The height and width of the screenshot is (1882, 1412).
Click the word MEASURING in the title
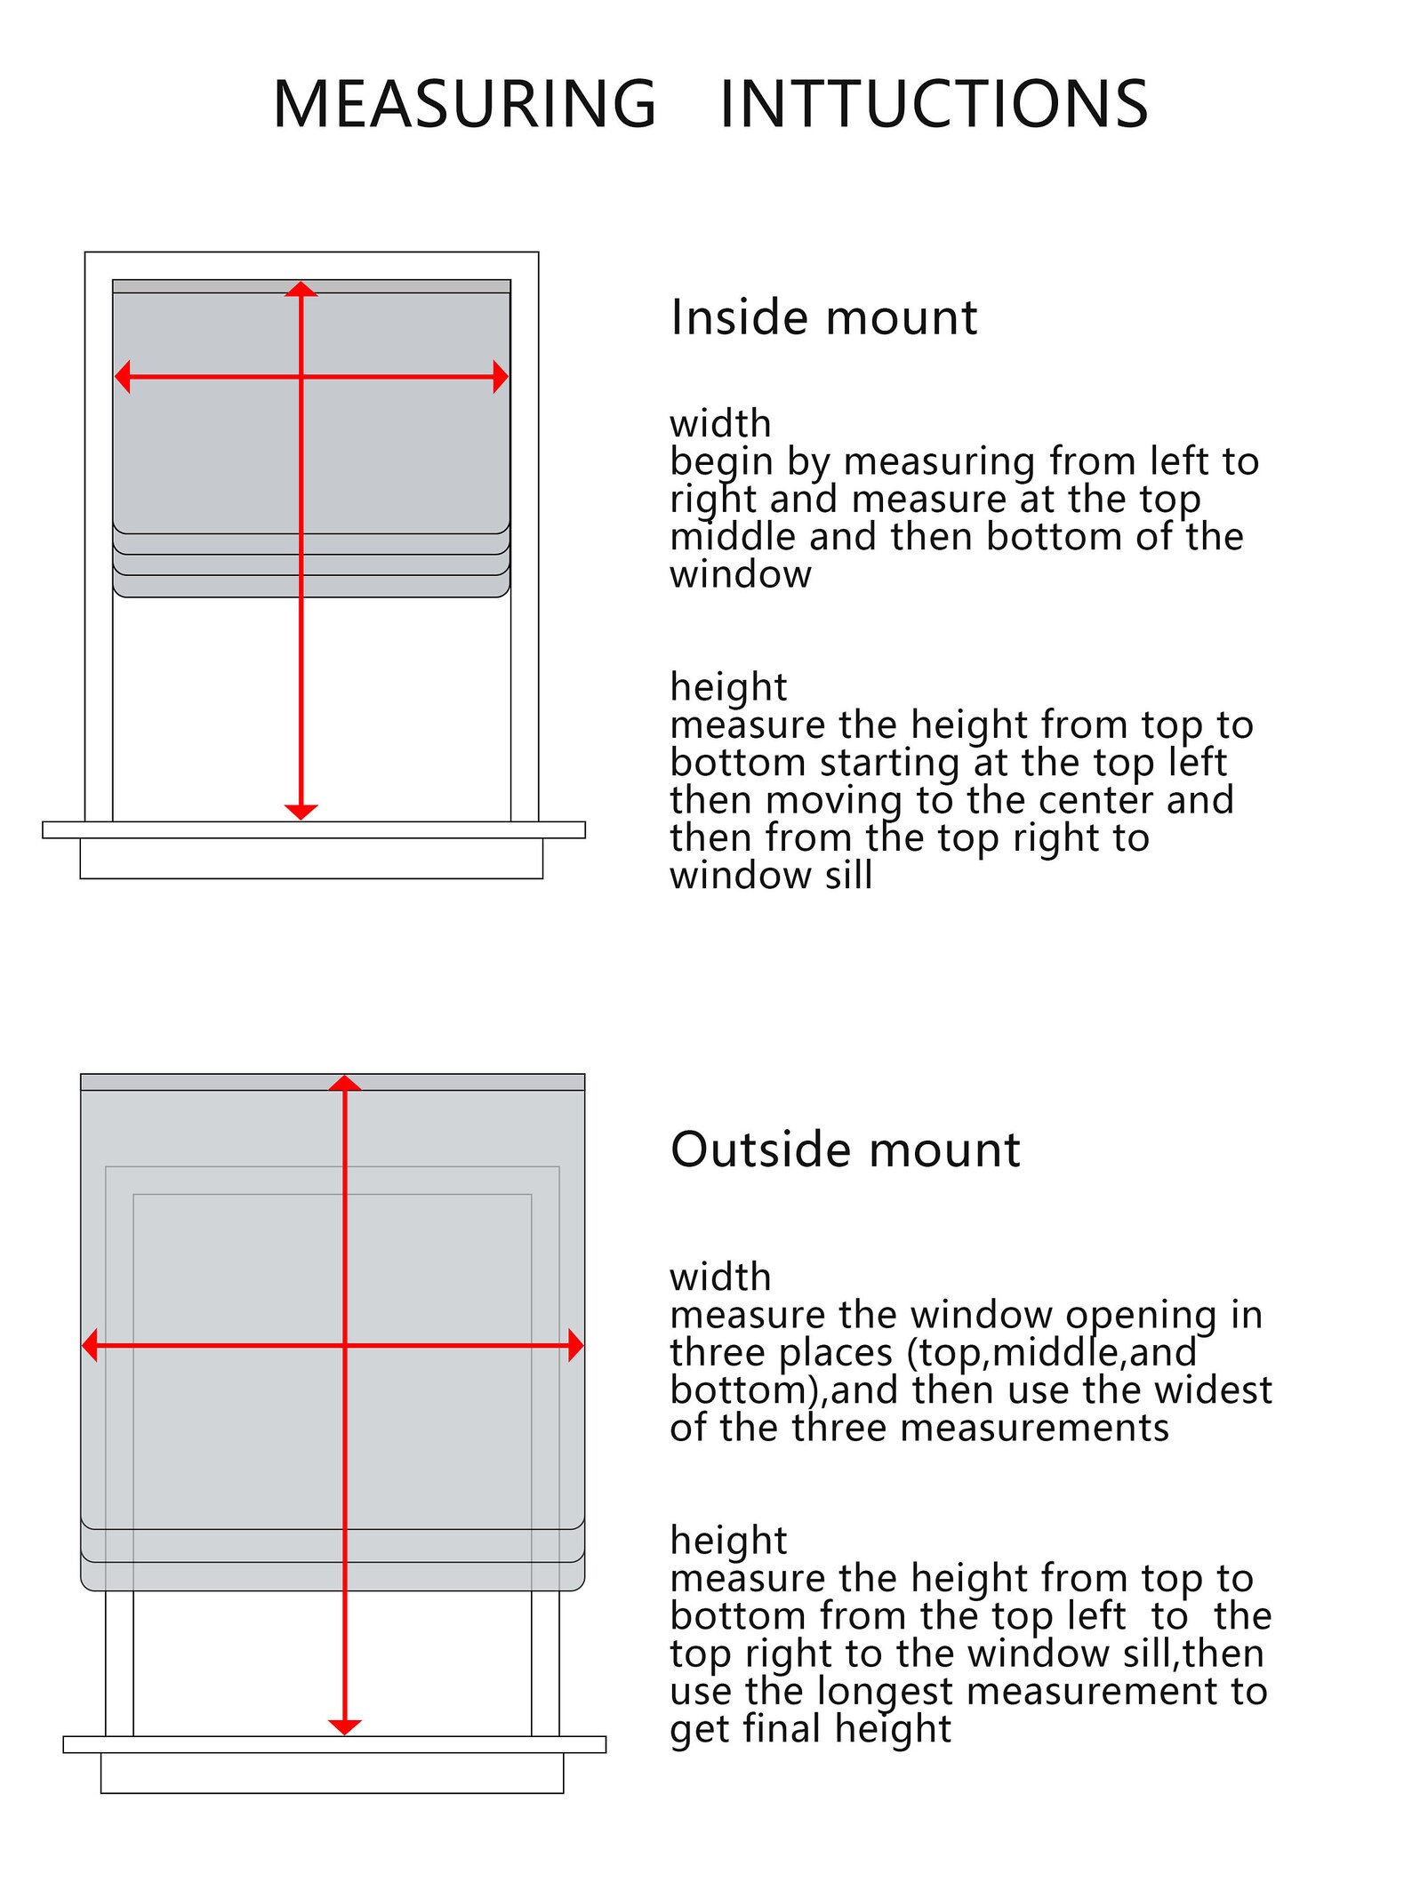point(464,104)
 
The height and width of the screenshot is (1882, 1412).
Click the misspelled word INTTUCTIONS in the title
point(934,104)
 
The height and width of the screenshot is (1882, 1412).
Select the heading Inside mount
point(823,317)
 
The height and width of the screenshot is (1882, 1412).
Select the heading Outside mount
point(845,1149)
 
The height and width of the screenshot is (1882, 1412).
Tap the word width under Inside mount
point(720,423)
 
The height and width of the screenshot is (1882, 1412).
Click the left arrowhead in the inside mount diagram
point(123,377)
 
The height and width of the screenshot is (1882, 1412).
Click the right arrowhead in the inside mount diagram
point(501,377)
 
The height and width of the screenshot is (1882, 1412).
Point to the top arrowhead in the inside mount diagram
point(301,289)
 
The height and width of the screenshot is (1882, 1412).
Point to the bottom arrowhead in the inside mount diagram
point(301,812)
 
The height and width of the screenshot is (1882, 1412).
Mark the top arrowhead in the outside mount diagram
point(345,1083)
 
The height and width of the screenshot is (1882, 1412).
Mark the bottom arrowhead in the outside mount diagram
point(345,1726)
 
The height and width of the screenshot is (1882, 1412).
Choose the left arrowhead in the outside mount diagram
point(90,1346)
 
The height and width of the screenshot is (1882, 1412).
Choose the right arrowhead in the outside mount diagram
point(575,1346)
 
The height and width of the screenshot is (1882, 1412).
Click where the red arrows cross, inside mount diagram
point(301,377)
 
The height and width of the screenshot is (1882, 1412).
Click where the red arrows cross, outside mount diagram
point(345,1346)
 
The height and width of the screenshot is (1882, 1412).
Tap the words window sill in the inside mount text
point(771,876)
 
